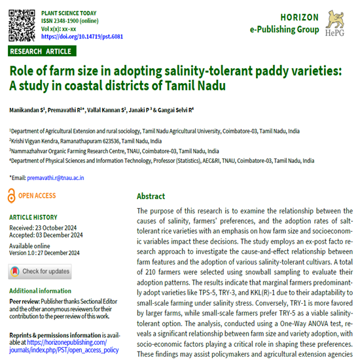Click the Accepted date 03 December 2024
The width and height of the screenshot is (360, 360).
point(49,236)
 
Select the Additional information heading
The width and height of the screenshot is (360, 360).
point(41,291)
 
